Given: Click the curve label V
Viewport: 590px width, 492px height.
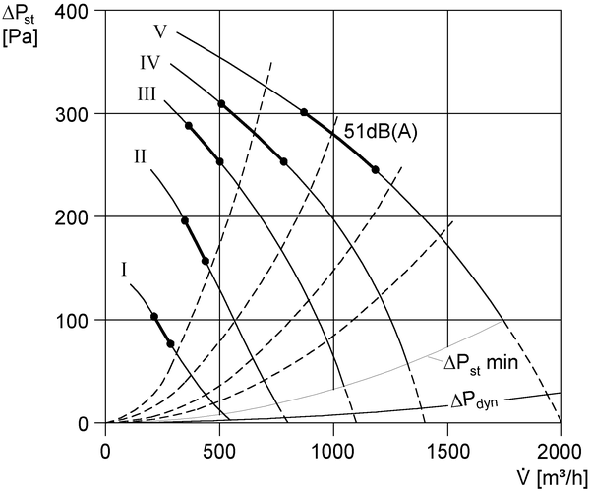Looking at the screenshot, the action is coord(160,31).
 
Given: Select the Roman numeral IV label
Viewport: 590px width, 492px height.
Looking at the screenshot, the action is coord(150,63).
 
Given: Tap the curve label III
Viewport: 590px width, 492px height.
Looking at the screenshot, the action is coord(147,93).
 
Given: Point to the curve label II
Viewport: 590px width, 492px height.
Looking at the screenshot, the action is coord(140,155).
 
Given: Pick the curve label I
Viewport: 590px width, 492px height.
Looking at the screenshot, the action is coord(124,270).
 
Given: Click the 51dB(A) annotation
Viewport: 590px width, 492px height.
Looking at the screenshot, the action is coord(381,132).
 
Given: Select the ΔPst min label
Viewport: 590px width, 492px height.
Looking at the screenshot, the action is coord(481,363).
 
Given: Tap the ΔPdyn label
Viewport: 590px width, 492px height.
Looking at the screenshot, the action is coord(474,401).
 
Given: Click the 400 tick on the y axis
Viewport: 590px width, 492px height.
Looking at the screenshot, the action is coord(71,11).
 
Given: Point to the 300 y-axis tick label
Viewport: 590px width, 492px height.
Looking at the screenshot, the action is coord(71,114).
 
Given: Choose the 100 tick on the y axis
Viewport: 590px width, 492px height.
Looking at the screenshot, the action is coord(71,320).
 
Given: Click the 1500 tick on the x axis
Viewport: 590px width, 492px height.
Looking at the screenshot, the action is coord(447,452).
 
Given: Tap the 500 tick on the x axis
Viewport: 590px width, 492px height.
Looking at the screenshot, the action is coord(219,452).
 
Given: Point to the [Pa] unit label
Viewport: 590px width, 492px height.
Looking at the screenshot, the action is coord(21,38).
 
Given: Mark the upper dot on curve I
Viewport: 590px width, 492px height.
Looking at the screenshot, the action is coord(154,317).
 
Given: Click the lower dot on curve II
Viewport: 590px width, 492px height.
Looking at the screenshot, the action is coord(206,261).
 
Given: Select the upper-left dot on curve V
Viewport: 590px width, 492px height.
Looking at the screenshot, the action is coord(304,112).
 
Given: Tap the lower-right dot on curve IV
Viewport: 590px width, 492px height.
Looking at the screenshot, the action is coord(284,161).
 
